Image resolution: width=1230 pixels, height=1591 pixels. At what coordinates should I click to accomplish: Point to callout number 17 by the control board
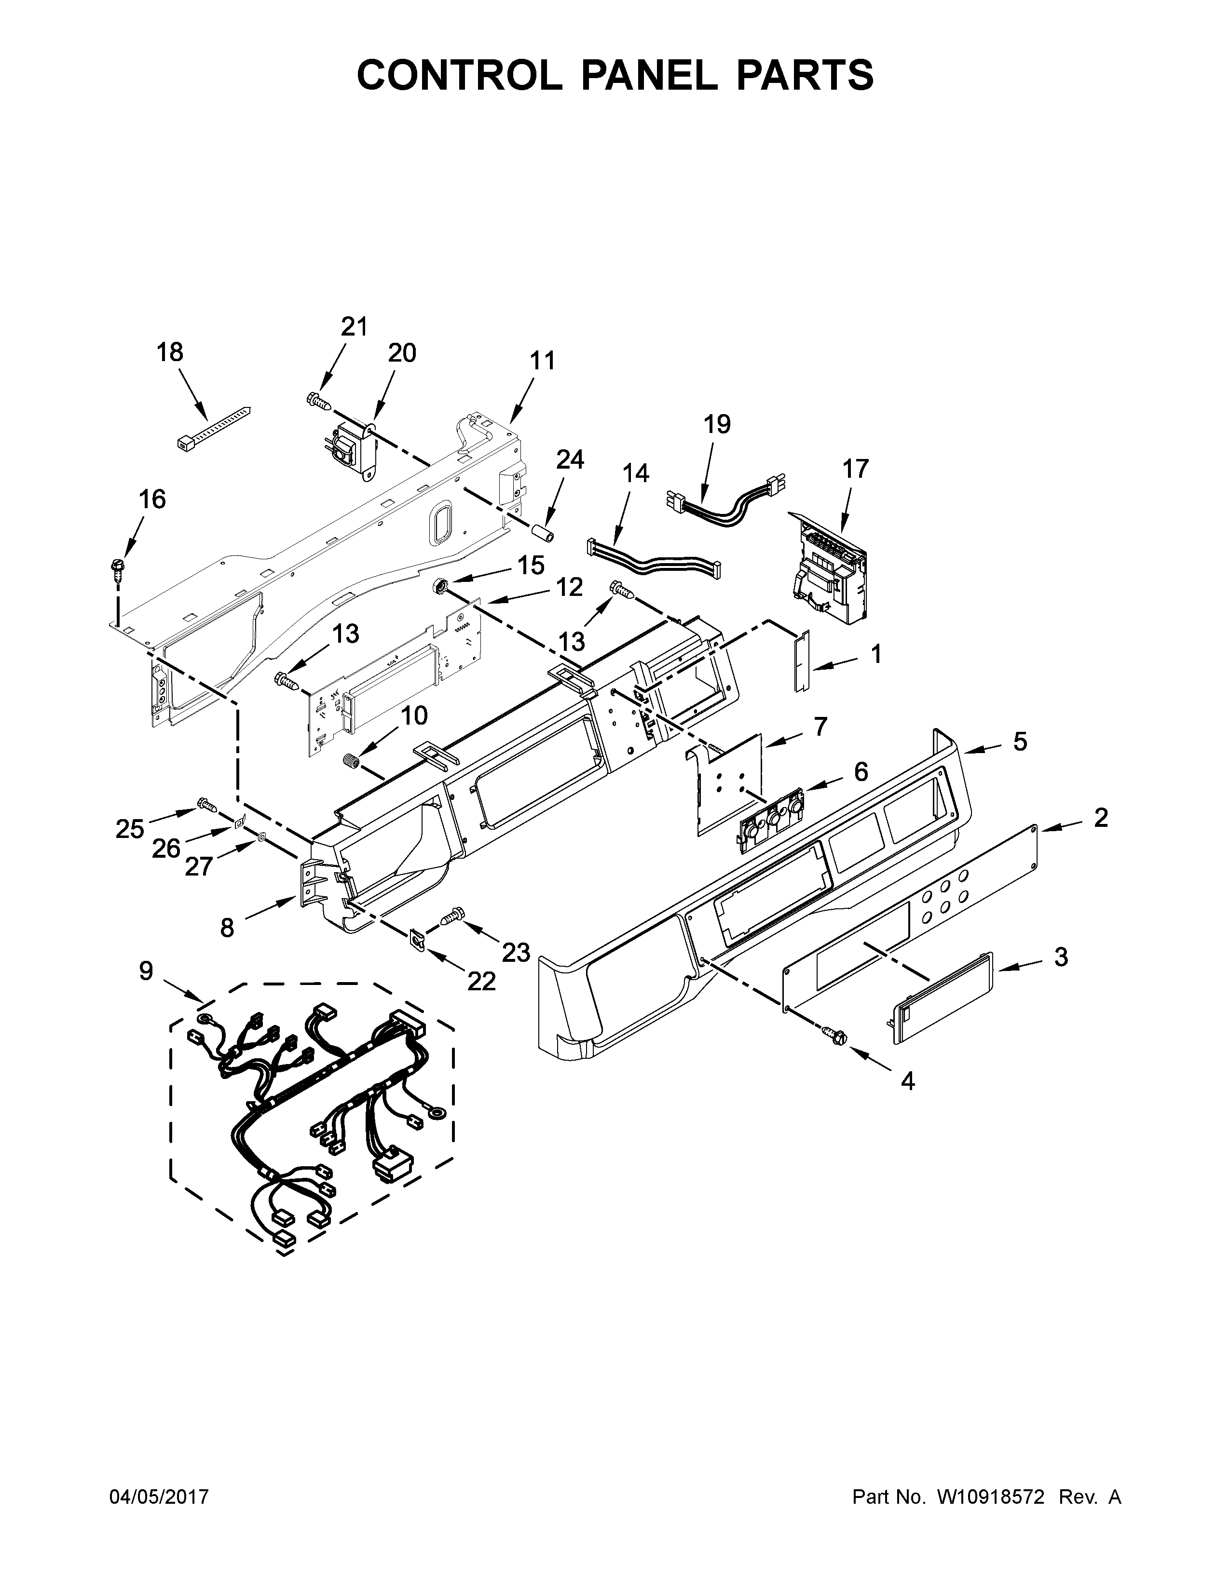[x=856, y=469]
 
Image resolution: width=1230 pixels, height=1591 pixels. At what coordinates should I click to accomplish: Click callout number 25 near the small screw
[x=130, y=828]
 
